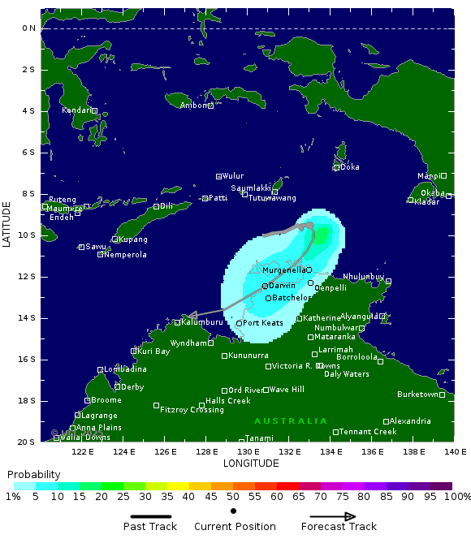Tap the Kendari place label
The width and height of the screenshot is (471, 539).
(76, 110)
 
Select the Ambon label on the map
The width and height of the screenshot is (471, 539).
(193, 106)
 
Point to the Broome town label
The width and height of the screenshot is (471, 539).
(106, 400)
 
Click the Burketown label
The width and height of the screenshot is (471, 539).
(417, 395)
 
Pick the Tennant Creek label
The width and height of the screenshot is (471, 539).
(368, 432)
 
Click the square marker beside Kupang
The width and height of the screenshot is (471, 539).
(115, 239)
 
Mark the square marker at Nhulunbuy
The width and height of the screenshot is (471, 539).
(388, 282)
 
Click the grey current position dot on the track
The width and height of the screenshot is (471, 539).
(309, 226)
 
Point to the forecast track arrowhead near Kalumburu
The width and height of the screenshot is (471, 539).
(188, 316)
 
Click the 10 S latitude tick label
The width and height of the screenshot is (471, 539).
(27, 235)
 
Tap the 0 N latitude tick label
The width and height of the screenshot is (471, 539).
(28, 28)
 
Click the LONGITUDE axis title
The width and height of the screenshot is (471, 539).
(251, 464)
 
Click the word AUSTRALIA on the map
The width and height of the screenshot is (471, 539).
(290, 421)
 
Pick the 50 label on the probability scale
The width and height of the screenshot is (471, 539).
(233, 496)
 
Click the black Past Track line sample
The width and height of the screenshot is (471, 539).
(150, 516)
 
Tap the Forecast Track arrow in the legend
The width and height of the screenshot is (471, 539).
(333, 516)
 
